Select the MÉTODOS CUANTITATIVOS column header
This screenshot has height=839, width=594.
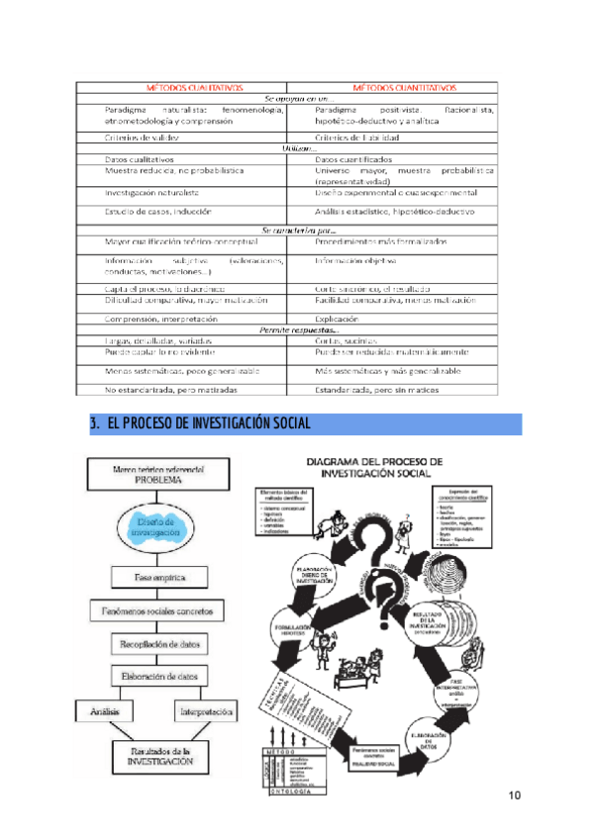(x=404, y=87)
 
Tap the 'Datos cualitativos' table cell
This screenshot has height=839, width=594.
(x=140, y=158)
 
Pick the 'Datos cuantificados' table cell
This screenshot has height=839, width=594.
(x=352, y=158)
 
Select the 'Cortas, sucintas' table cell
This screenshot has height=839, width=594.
(x=347, y=339)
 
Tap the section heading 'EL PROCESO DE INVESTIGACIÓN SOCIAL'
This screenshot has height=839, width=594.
(x=209, y=424)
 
